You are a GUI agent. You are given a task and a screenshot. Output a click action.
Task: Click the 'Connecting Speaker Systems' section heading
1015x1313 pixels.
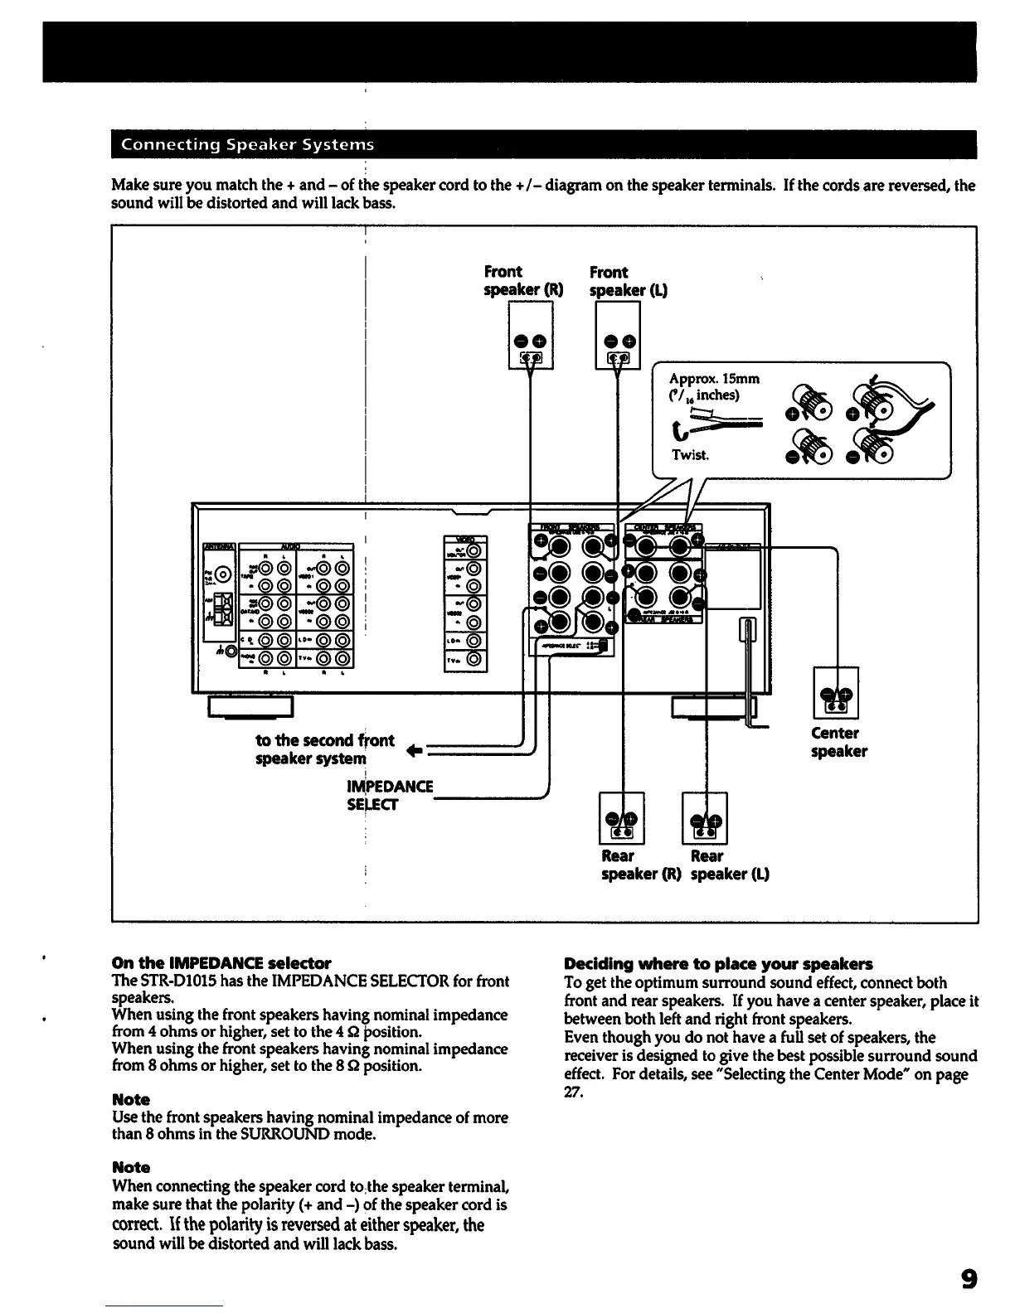tap(248, 145)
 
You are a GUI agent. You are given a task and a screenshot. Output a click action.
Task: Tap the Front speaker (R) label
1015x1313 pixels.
tap(523, 281)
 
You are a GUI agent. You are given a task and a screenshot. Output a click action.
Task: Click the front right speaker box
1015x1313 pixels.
tap(530, 335)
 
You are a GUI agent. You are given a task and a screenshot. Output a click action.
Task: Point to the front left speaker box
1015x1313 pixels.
tap(618, 335)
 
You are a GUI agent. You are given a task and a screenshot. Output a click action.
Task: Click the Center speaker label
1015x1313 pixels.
tap(838, 742)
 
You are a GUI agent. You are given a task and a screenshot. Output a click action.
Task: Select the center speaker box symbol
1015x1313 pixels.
tap(836, 692)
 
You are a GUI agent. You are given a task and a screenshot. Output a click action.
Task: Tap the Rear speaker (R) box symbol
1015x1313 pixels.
tap(621, 818)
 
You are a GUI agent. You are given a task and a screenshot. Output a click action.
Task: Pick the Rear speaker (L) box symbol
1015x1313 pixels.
tap(704, 818)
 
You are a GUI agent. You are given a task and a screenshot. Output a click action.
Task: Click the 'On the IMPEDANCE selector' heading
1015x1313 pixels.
tap(221, 963)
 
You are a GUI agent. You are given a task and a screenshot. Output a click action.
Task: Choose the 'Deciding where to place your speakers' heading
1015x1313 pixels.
tap(718, 964)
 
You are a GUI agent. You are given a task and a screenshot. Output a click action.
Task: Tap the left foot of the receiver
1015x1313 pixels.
tap(251, 706)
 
